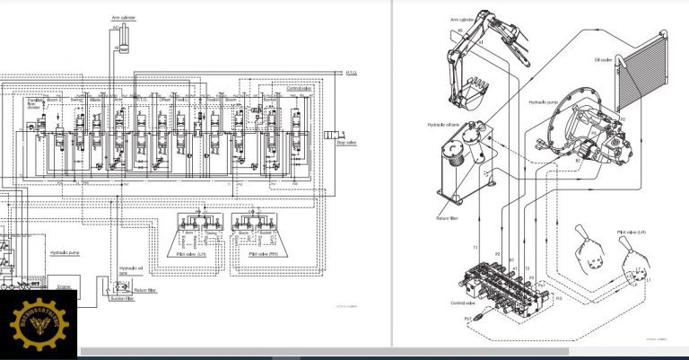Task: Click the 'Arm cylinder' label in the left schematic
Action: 122,17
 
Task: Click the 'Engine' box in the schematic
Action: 65,287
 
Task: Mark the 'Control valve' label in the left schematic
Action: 299,89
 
